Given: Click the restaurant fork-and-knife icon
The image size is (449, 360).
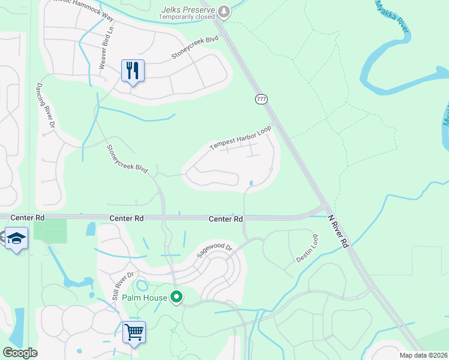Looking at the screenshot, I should pyautogui.click(x=133, y=71).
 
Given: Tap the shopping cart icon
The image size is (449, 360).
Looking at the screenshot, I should pyautogui.click(x=134, y=332).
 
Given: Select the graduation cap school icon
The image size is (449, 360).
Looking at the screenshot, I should pyautogui.click(x=16, y=238).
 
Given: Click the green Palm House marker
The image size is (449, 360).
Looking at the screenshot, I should pyautogui.click(x=176, y=297).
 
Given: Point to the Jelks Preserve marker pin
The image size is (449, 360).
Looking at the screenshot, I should pyautogui.click(x=224, y=10).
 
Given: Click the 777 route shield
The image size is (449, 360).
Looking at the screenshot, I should pyautogui.click(x=261, y=99).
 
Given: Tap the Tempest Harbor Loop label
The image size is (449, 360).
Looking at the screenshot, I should pyautogui.click(x=240, y=137).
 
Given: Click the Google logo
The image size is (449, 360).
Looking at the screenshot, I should pyautogui.click(x=20, y=353).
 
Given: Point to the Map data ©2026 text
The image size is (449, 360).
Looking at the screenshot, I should pyautogui.click(x=424, y=355).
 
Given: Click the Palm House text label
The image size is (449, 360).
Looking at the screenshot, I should pyautogui.click(x=144, y=297).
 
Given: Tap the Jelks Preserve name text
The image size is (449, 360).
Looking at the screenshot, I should pyautogui.click(x=188, y=8).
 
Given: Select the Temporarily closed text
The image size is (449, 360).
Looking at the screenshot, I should pyautogui.click(x=188, y=17).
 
